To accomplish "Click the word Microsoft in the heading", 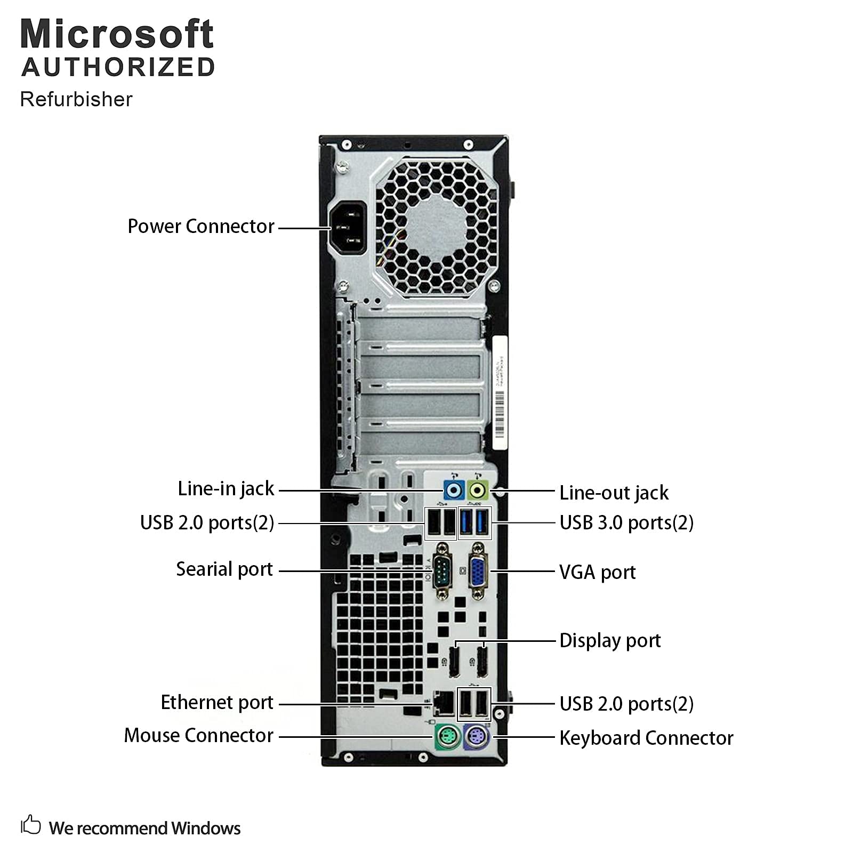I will (117, 34).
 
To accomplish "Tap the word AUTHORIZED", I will (118, 68).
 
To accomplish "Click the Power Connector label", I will (200, 227).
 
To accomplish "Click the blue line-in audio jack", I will (454, 489).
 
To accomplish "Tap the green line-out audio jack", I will (478, 489).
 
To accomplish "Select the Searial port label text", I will (224, 569).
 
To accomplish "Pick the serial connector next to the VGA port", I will (441, 571).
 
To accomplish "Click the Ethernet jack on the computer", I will (443, 704).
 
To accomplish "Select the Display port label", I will (610, 641).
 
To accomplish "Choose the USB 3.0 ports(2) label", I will (626, 523).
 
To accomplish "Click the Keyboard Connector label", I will (646, 738).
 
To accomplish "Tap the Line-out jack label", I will (614, 493).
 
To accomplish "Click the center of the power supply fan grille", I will (436, 228).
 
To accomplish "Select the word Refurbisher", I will (76, 100).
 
